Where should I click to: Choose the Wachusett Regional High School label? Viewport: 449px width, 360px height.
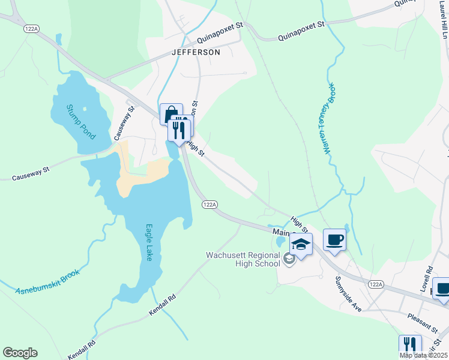pos(243,259)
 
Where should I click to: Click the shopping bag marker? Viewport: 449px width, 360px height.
pos(170,114)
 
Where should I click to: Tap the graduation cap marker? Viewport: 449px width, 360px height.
pos(301,244)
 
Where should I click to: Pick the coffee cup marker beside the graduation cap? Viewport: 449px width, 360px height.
pos(334,240)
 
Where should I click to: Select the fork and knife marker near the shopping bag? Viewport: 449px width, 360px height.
pos(178,128)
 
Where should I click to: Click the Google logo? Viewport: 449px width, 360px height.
pos(20,353)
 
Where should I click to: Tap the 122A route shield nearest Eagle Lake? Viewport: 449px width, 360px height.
pos(209,205)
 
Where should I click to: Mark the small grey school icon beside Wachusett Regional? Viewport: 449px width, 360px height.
pos(289,259)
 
